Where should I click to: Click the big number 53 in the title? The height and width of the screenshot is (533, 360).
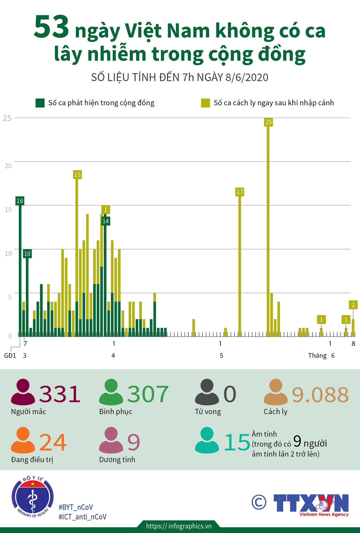(51, 28)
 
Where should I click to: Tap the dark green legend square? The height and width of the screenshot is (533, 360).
(40, 103)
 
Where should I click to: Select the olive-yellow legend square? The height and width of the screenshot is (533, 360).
(205, 103)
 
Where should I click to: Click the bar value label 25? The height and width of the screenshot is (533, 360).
(268, 122)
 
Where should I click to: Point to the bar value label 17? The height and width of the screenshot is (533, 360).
(240, 192)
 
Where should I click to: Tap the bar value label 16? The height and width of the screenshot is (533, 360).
(20, 201)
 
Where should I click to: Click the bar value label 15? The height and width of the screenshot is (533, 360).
(77, 175)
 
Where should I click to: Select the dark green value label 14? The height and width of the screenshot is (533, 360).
(106, 221)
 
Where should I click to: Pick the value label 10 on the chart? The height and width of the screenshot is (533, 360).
(27, 254)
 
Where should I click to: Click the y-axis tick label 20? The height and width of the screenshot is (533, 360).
(8, 166)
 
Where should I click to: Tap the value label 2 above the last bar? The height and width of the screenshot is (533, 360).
(353, 305)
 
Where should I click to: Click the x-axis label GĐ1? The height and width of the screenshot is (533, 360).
(10, 356)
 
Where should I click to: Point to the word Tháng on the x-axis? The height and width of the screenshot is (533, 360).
(317, 356)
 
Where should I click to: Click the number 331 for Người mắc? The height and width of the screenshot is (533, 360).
(60, 394)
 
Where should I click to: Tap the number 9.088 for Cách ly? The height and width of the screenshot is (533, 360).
(320, 395)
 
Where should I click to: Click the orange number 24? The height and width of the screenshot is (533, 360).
(53, 442)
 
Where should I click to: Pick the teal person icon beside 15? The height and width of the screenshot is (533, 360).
(207, 440)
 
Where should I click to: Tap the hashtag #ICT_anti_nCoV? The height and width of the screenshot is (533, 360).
(83, 517)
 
